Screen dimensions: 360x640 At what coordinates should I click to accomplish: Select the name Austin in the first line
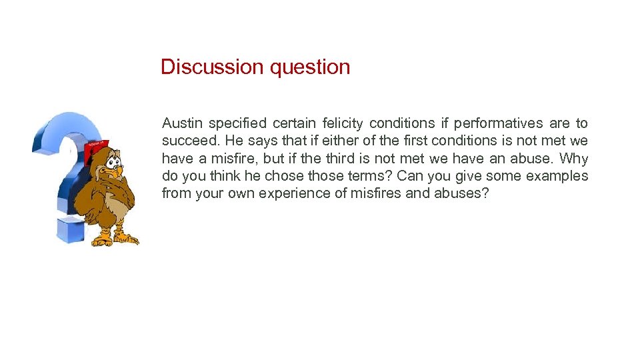(182, 123)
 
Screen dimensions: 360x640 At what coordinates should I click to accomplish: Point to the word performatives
(498, 123)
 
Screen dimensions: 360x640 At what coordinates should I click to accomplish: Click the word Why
(574, 159)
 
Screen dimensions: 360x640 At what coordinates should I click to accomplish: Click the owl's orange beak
(117, 171)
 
